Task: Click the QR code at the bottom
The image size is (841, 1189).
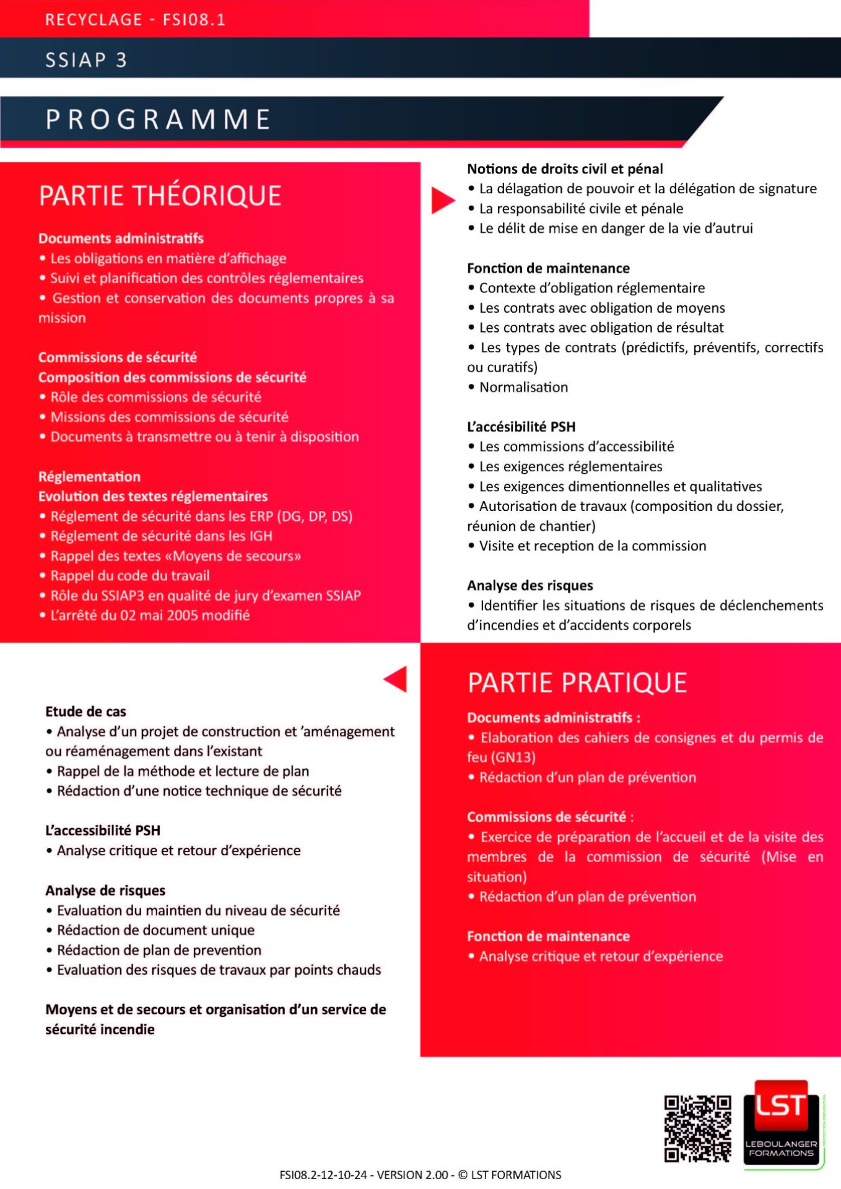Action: pos(697,1128)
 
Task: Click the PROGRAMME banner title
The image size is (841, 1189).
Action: pos(159,120)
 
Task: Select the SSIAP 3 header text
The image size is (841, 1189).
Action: pos(86,60)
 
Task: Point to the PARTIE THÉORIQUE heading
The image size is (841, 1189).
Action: pos(160,196)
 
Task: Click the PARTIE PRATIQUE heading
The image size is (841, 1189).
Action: pos(577,683)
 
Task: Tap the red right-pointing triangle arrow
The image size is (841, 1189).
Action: pos(443,200)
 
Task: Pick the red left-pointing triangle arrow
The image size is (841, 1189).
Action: pos(396,679)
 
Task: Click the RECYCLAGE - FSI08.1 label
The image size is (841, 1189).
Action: pos(135,20)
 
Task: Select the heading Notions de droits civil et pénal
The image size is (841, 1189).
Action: pos(565,169)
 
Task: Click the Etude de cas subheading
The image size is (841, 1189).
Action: pos(85,712)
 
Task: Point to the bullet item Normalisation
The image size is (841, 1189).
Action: pos(523,387)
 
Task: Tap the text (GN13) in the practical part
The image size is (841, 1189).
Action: pos(513,757)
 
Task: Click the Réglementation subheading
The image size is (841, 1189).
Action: pos(89,477)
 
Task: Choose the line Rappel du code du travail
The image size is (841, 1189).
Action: pos(130,576)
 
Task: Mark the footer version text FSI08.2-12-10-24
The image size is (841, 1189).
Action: pos(323,1175)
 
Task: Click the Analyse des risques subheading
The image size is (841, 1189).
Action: pos(530,585)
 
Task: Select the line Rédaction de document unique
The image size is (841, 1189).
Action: pos(155,930)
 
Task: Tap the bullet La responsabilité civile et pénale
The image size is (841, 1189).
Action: pos(581,209)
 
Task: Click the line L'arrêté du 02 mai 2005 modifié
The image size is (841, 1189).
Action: pos(150,616)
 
